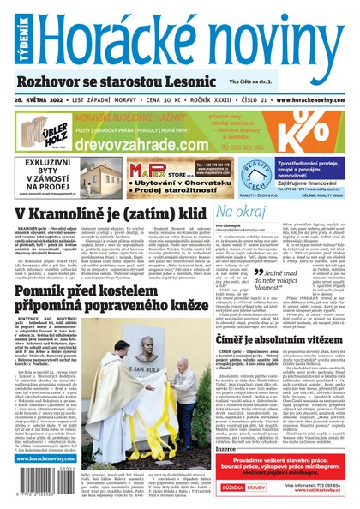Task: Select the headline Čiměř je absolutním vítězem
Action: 282,341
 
